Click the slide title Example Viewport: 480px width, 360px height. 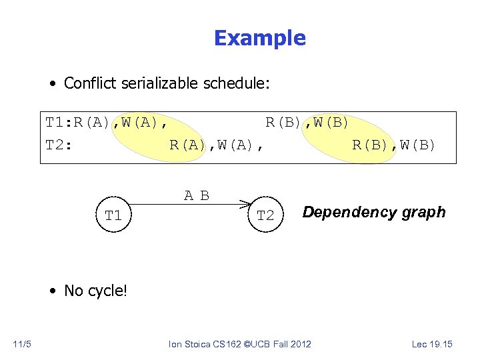point(259,39)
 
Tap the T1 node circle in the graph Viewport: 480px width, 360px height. point(113,215)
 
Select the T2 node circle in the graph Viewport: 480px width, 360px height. point(265,215)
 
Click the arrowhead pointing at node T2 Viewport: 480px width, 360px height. point(247,204)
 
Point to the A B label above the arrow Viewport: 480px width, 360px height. point(197,195)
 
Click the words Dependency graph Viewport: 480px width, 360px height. point(373,212)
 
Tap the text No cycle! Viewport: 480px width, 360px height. point(95,291)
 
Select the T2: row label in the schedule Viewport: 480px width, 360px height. point(59,145)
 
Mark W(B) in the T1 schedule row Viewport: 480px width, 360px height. point(328,123)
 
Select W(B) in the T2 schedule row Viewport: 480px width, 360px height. point(414,145)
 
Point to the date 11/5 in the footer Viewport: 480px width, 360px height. point(22,344)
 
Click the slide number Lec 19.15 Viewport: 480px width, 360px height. point(432,344)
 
